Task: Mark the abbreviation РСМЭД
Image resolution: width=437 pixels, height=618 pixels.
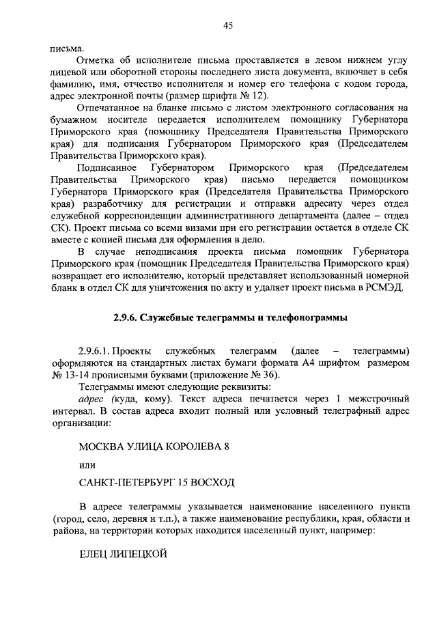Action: [386, 287]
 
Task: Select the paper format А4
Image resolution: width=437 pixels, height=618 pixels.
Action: [303, 363]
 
